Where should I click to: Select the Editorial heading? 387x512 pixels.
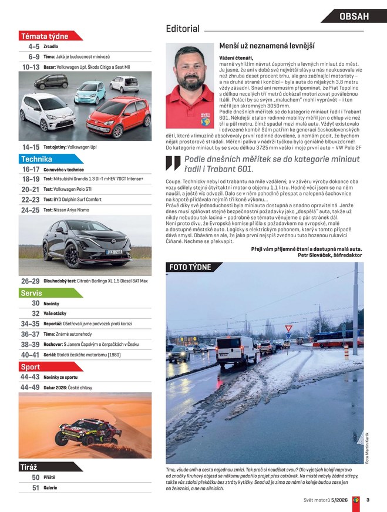click(x=183, y=28)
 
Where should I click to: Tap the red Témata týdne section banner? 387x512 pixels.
click(x=45, y=36)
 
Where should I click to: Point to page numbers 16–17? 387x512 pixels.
click(x=31, y=169)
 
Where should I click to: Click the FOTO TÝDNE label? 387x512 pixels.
click(x=190, y=267)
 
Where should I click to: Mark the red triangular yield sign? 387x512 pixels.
click(x=288, y=328)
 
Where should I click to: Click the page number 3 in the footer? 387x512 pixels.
click(x=368, y=500)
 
